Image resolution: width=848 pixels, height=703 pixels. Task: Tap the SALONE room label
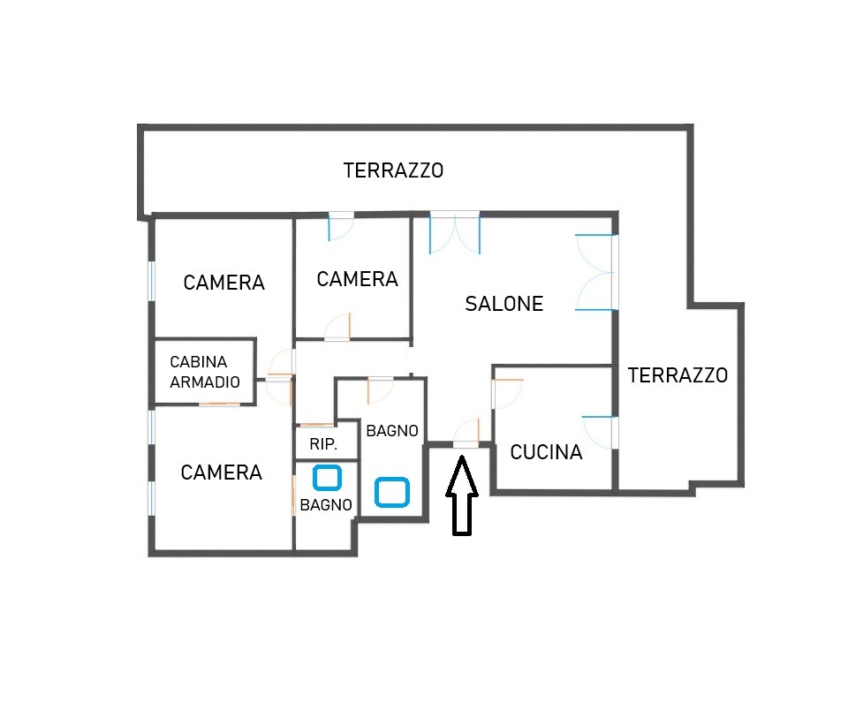[504, 304]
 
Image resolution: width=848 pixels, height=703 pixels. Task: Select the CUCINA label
[546, 452]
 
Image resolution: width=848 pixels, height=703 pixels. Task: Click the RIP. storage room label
[323, 444]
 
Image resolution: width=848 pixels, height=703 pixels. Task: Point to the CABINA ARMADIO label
[204, 372]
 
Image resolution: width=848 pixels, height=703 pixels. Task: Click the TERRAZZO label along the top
[393, 170]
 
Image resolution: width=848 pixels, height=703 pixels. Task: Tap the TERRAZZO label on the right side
[678, 375]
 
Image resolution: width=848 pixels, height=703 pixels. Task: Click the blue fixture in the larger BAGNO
[392, 492]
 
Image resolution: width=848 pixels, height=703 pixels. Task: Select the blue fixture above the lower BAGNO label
[327, 478]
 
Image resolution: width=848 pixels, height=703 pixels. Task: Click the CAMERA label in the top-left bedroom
[223, 283]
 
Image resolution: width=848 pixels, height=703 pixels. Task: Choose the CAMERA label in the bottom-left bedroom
[221, 472]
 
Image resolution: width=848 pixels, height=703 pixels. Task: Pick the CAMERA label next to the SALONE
[358, 280]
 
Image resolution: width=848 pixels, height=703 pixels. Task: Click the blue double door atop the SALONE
[455, 233]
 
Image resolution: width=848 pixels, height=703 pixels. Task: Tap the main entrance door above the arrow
[466, 432]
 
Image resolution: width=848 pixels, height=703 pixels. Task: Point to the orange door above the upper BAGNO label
[380, 390]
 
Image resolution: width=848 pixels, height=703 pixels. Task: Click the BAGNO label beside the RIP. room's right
[392, 431]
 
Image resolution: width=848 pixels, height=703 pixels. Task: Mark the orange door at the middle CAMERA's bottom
[337, 327]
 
